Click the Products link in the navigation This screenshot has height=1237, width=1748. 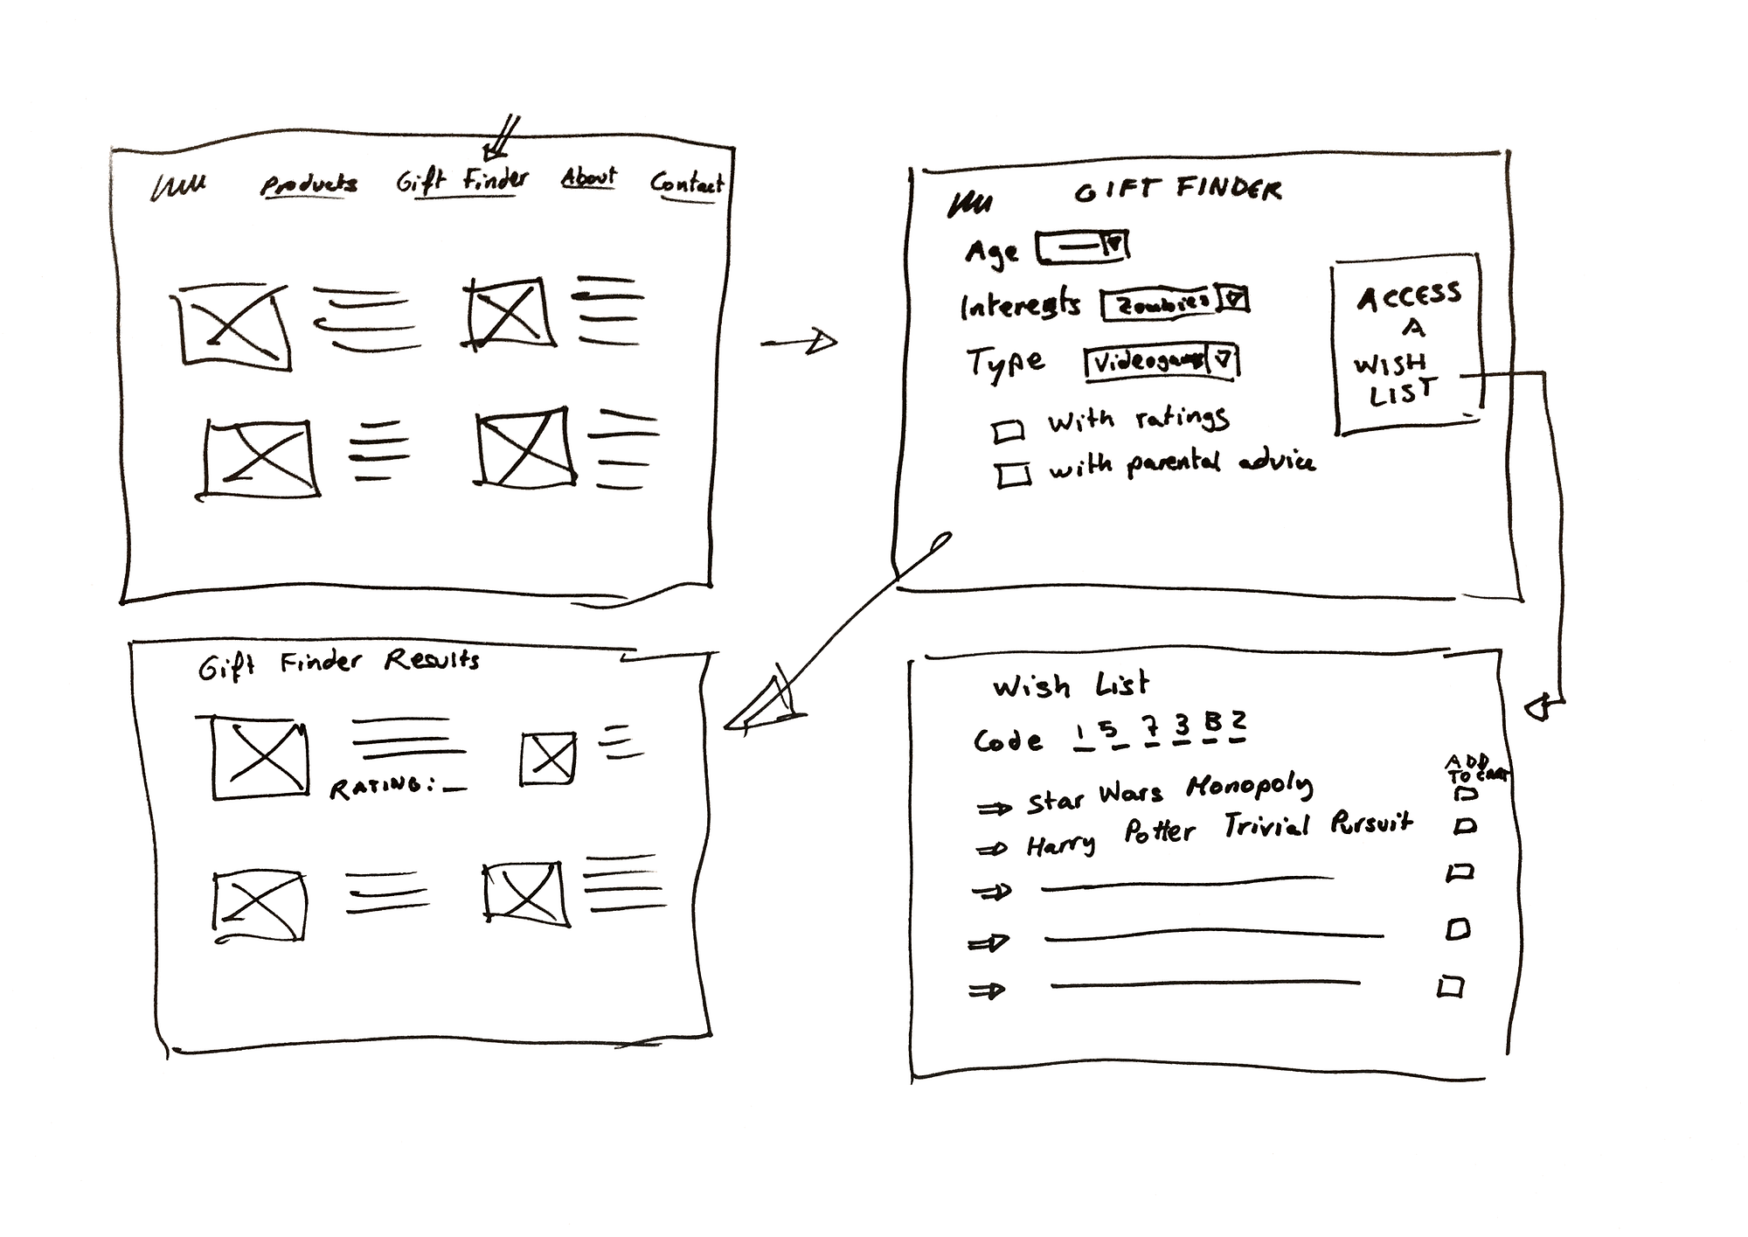[309, 184]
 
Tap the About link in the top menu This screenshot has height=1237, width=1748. [588, 177]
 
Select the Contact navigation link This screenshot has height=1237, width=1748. [686, 184]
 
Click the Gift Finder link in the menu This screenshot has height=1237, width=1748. [462, 181]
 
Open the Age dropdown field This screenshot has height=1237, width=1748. [1082, 247]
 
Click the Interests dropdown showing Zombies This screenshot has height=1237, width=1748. [1174, 302]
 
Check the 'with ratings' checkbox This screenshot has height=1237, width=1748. [1009, 431]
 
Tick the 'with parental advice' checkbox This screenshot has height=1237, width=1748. [1013, 475]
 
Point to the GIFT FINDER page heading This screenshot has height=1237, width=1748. [1177, 189]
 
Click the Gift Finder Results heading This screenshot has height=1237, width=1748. [338, 664]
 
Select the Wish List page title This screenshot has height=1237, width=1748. [1070, 685]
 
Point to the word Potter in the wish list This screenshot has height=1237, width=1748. [1159, 830]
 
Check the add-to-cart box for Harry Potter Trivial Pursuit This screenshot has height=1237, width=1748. [1465, 825]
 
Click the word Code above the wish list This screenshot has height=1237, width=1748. [1008, 741]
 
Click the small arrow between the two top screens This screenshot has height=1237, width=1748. [799, 343]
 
